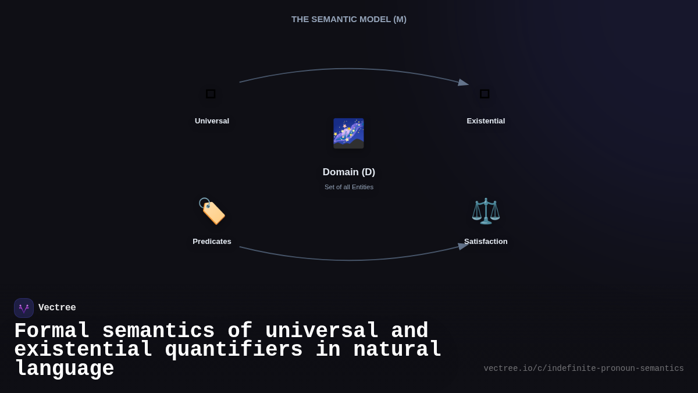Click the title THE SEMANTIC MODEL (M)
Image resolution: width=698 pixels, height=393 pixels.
coord(349,19)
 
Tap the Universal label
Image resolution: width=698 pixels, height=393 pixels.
coord(212,121)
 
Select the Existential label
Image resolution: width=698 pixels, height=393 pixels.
coord(486,121)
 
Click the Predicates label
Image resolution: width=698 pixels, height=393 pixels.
coord(212,242)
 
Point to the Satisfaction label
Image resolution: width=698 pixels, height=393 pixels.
coord(486,242)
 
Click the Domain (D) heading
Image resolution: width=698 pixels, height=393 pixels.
coord(349,172)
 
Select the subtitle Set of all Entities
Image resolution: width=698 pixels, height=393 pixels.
coord(349,187)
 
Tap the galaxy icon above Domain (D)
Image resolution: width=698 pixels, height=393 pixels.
coord(348,133)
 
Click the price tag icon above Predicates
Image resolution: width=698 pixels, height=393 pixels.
coord(212,211)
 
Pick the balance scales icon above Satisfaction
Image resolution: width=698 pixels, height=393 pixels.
coord(486,211)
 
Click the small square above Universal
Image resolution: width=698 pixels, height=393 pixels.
coord(211,94)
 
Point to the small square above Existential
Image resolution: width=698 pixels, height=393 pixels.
coord(485,94)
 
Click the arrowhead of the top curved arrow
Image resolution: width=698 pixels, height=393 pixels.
coord(464,83)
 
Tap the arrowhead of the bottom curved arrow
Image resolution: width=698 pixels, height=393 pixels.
coord(464,246)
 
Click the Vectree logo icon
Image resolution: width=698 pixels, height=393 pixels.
coord(24,308)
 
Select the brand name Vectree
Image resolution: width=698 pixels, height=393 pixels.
coord(57,308)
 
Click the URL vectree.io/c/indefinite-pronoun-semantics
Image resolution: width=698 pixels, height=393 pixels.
coord(583,369)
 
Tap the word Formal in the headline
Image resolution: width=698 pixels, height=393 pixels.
coord(52,331)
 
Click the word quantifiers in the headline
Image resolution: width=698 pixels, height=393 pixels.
coord(233,350)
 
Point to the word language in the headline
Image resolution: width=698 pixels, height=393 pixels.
coord(64,369)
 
